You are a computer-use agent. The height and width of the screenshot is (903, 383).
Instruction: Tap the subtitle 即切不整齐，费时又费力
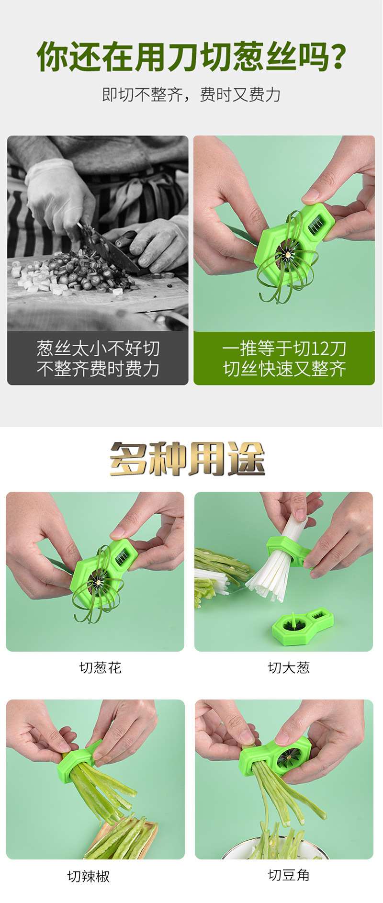pyautogui.click(x=191, y=95)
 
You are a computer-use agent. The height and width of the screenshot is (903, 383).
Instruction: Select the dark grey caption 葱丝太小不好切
pyautogui.click(x=98, y=348)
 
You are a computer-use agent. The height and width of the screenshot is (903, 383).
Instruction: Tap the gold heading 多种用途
pyautogui.click(x=187, y=458)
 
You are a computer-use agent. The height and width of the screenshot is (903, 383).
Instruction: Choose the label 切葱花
pyautogui.click(x=101, y=667)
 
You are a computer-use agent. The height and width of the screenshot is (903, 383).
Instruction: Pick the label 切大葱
pyautogui.click(x=289, y=667)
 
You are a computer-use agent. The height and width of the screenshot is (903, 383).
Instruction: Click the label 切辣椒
pyautogui.click(x=89, y=876)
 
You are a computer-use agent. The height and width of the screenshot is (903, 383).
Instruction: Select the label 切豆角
pyautogui.click(x=289, y=875)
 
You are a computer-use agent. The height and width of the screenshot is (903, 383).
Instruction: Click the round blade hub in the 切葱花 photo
pyautogui.click(x=98, y=582)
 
